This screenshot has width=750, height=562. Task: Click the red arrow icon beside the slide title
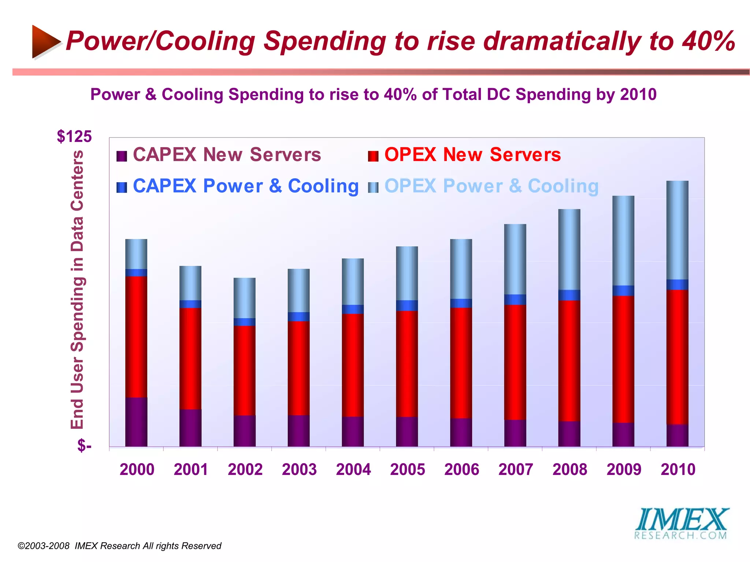pos(45,41)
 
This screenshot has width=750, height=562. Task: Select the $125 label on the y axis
pos(74,136)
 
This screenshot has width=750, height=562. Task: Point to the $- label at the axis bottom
pos(84,446)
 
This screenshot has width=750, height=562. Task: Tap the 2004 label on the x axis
pos(353,469)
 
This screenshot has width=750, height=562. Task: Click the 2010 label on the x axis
pos(678,469)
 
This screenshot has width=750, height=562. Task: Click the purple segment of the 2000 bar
pos(136,421)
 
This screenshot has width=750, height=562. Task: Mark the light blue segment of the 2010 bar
pos(677,230)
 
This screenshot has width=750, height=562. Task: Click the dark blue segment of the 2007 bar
pos(515,300)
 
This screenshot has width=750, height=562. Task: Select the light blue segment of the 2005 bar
pos(407,273)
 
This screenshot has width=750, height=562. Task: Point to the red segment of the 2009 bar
pos(623,359)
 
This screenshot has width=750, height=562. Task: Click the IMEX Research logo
pos(681,523)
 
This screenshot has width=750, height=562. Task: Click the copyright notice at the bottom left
pos(119,546)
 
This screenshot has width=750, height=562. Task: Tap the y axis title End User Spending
pos(77,289)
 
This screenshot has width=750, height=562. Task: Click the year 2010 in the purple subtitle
pos(638,94)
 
